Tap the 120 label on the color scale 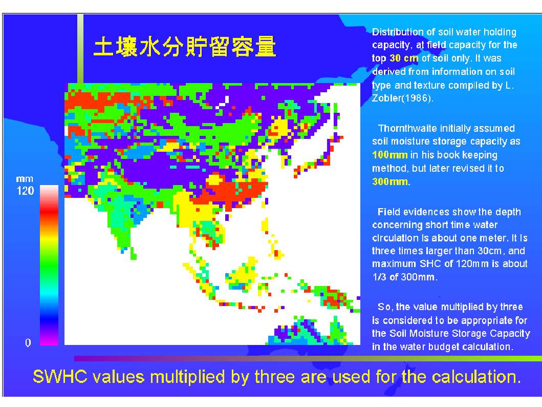pos(25,191)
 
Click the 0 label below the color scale pos(28,342)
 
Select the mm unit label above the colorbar pos(25,179)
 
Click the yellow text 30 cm pos(404,58)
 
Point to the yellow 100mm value pos(390,155)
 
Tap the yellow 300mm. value pos(392,181)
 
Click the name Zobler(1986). pos(402,98)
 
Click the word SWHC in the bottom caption pos(60,377)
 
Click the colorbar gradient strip pos(49,265)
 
